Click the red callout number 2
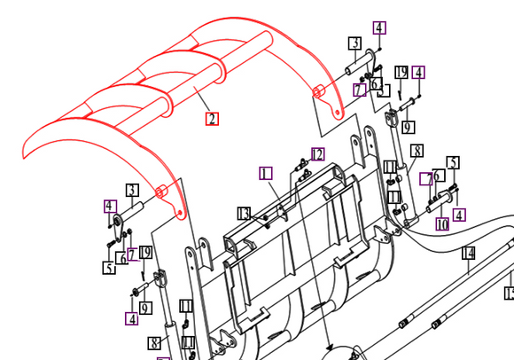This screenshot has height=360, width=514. tap(212, 119)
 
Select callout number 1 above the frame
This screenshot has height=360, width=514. tap(266, 172)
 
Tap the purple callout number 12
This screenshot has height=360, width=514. tap(317, 154)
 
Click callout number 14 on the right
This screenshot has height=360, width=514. tap(468, 254)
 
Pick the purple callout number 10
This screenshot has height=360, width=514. tap(441, 224)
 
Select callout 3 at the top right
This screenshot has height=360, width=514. tap(354, 43)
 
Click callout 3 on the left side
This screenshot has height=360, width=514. tap(131, 190)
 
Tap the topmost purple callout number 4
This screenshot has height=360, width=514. tap(379, 27)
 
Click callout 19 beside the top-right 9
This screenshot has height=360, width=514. tap(401, 72)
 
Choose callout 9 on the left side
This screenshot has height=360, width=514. tap(145, 308)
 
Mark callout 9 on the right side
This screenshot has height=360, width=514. tap(407, 128)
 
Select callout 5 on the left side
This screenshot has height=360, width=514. tap(108, 268)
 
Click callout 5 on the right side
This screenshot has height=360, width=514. tap(453, 163)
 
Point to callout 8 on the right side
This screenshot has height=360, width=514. tap(417, 151)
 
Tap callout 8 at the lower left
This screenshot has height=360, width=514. tap(153, 342)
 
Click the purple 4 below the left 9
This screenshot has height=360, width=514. tap(131, 318)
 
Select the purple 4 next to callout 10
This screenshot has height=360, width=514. tap(459, 215)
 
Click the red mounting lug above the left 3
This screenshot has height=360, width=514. tap(161, 192)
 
